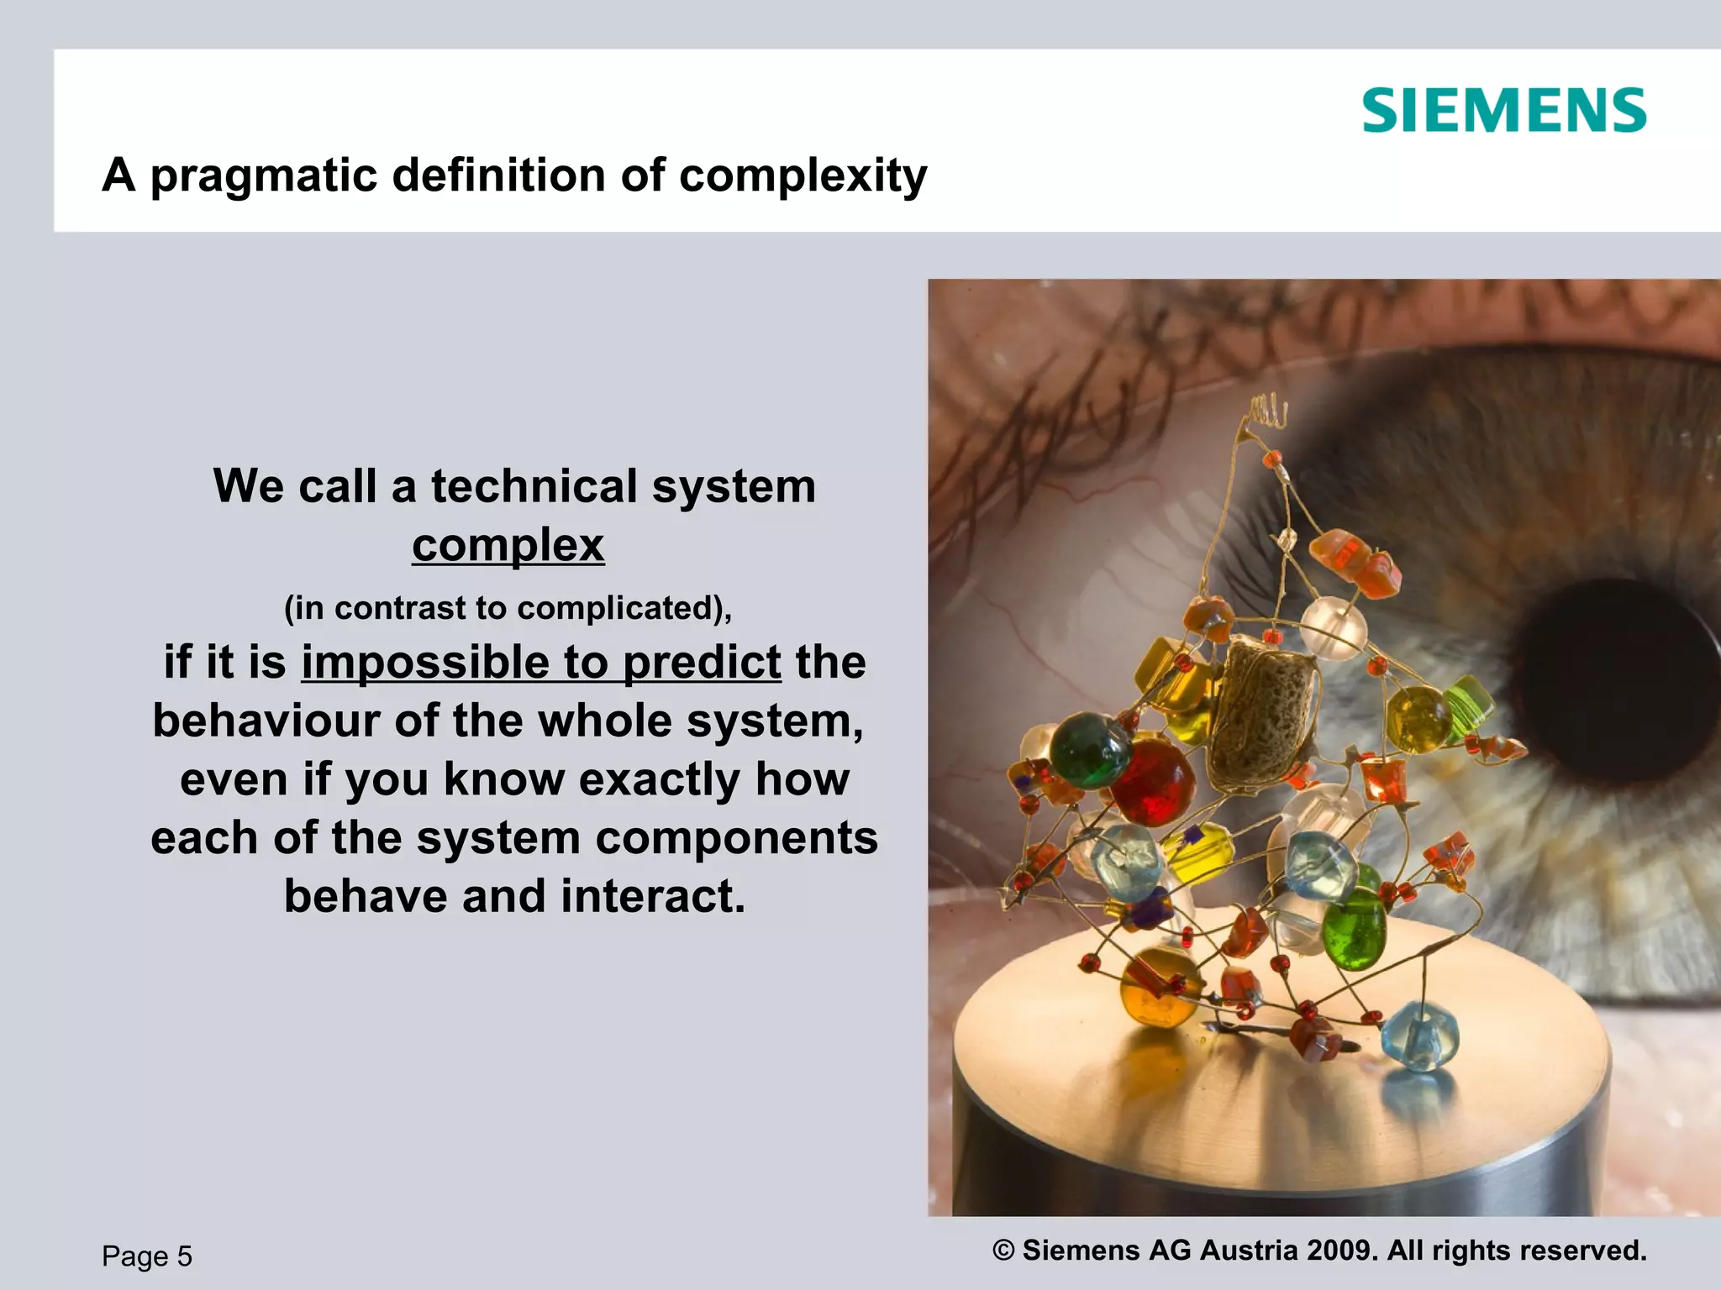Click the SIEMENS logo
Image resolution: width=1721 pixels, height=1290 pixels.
click(x=1503, y=111)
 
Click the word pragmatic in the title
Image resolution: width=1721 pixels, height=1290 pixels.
click(x=264, y=176)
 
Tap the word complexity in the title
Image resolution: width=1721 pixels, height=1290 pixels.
click(x=803, y=176)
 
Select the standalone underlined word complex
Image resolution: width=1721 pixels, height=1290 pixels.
click(x=508, y=546)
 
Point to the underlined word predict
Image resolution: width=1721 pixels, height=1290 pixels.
click(x=702, y=663)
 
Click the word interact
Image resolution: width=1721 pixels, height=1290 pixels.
click(x=653, y=896)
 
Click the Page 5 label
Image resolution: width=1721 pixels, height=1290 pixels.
click(x=147, y=1256)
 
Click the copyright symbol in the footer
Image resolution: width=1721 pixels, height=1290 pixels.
click(x=1003, y=1251)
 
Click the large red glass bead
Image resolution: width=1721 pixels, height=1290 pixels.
click(x=1153, y=781)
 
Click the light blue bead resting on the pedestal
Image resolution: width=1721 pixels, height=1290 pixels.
click(x=1419, y=1036)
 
